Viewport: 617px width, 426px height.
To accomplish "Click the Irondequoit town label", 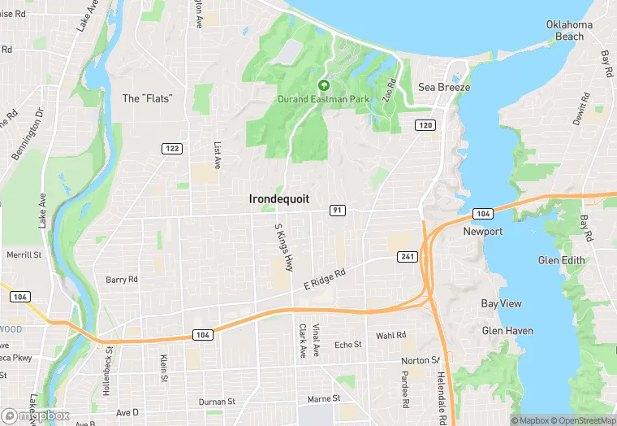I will (278, 198).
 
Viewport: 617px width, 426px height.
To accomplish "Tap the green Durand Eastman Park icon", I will (324, 85).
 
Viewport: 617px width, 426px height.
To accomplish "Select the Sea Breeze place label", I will (444, 87).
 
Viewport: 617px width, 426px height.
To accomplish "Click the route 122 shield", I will (171, 148).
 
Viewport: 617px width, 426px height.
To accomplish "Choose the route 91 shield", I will (337, 211).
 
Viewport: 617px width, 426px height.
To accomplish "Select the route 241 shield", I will (408, 257).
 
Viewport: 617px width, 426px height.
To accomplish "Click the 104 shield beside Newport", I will (482, 213).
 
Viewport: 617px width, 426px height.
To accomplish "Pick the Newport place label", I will (483, 232).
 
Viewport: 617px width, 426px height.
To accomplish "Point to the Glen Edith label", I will (562, 260).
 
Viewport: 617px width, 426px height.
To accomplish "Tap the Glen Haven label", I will (507, 331).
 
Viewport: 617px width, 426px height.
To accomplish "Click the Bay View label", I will (501, 303).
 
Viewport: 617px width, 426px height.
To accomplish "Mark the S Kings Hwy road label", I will (283, 247).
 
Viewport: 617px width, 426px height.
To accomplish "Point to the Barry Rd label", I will (122, 280).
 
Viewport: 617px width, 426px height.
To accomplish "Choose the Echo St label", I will (348, 345).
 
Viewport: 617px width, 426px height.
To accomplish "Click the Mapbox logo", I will (37, 415).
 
